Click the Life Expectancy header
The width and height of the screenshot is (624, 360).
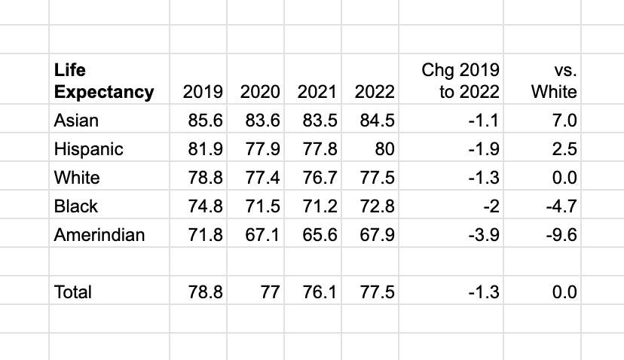[103, 81]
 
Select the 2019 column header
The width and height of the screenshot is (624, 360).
[203, 93]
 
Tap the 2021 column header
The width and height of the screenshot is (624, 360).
[317, 93]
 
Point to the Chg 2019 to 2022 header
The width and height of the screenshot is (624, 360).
[460, 81]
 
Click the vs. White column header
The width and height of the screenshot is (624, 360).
[554, 81]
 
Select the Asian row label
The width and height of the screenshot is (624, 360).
[76, 121]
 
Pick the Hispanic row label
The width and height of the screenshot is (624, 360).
[88, 149]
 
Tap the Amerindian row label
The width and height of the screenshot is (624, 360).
[99, 234]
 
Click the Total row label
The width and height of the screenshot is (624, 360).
[72, 291]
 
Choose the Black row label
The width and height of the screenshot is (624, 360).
[76, 206]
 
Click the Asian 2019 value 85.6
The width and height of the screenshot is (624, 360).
[205, 121]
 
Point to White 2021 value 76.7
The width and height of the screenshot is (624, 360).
[320, 178]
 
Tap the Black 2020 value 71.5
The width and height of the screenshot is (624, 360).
[262, 206]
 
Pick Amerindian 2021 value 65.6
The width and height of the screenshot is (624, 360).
[320, 234]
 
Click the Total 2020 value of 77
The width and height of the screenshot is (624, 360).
[269, 291]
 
